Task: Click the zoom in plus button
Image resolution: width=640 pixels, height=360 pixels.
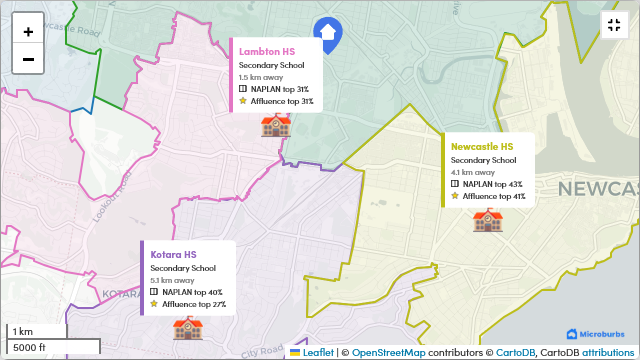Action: pos(28,31)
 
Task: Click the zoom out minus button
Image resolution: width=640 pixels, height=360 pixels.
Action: pos(28,59)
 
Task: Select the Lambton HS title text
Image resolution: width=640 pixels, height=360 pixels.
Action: pos(267,51)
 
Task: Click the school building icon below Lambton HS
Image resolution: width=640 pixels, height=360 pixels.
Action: pos(274,125)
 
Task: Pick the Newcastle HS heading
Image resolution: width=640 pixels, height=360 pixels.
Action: pos(482,146)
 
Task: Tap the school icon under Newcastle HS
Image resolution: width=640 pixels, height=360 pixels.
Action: pos(487,220)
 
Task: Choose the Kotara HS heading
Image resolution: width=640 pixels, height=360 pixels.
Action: pos(173,254)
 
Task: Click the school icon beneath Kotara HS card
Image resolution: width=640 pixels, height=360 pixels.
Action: pos(187,328)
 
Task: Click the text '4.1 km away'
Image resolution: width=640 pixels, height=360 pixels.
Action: pos(469,172)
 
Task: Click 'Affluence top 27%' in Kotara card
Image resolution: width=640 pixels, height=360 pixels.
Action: pos(194,304)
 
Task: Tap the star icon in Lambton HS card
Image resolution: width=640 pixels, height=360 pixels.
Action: pos(243,101)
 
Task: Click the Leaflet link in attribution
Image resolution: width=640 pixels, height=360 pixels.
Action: pos(318,352)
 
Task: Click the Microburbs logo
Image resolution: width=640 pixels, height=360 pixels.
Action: pos(597,334)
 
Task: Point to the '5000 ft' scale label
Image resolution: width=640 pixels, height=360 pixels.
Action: pos(30,347)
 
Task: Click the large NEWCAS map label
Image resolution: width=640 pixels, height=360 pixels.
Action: pos(597,189)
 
